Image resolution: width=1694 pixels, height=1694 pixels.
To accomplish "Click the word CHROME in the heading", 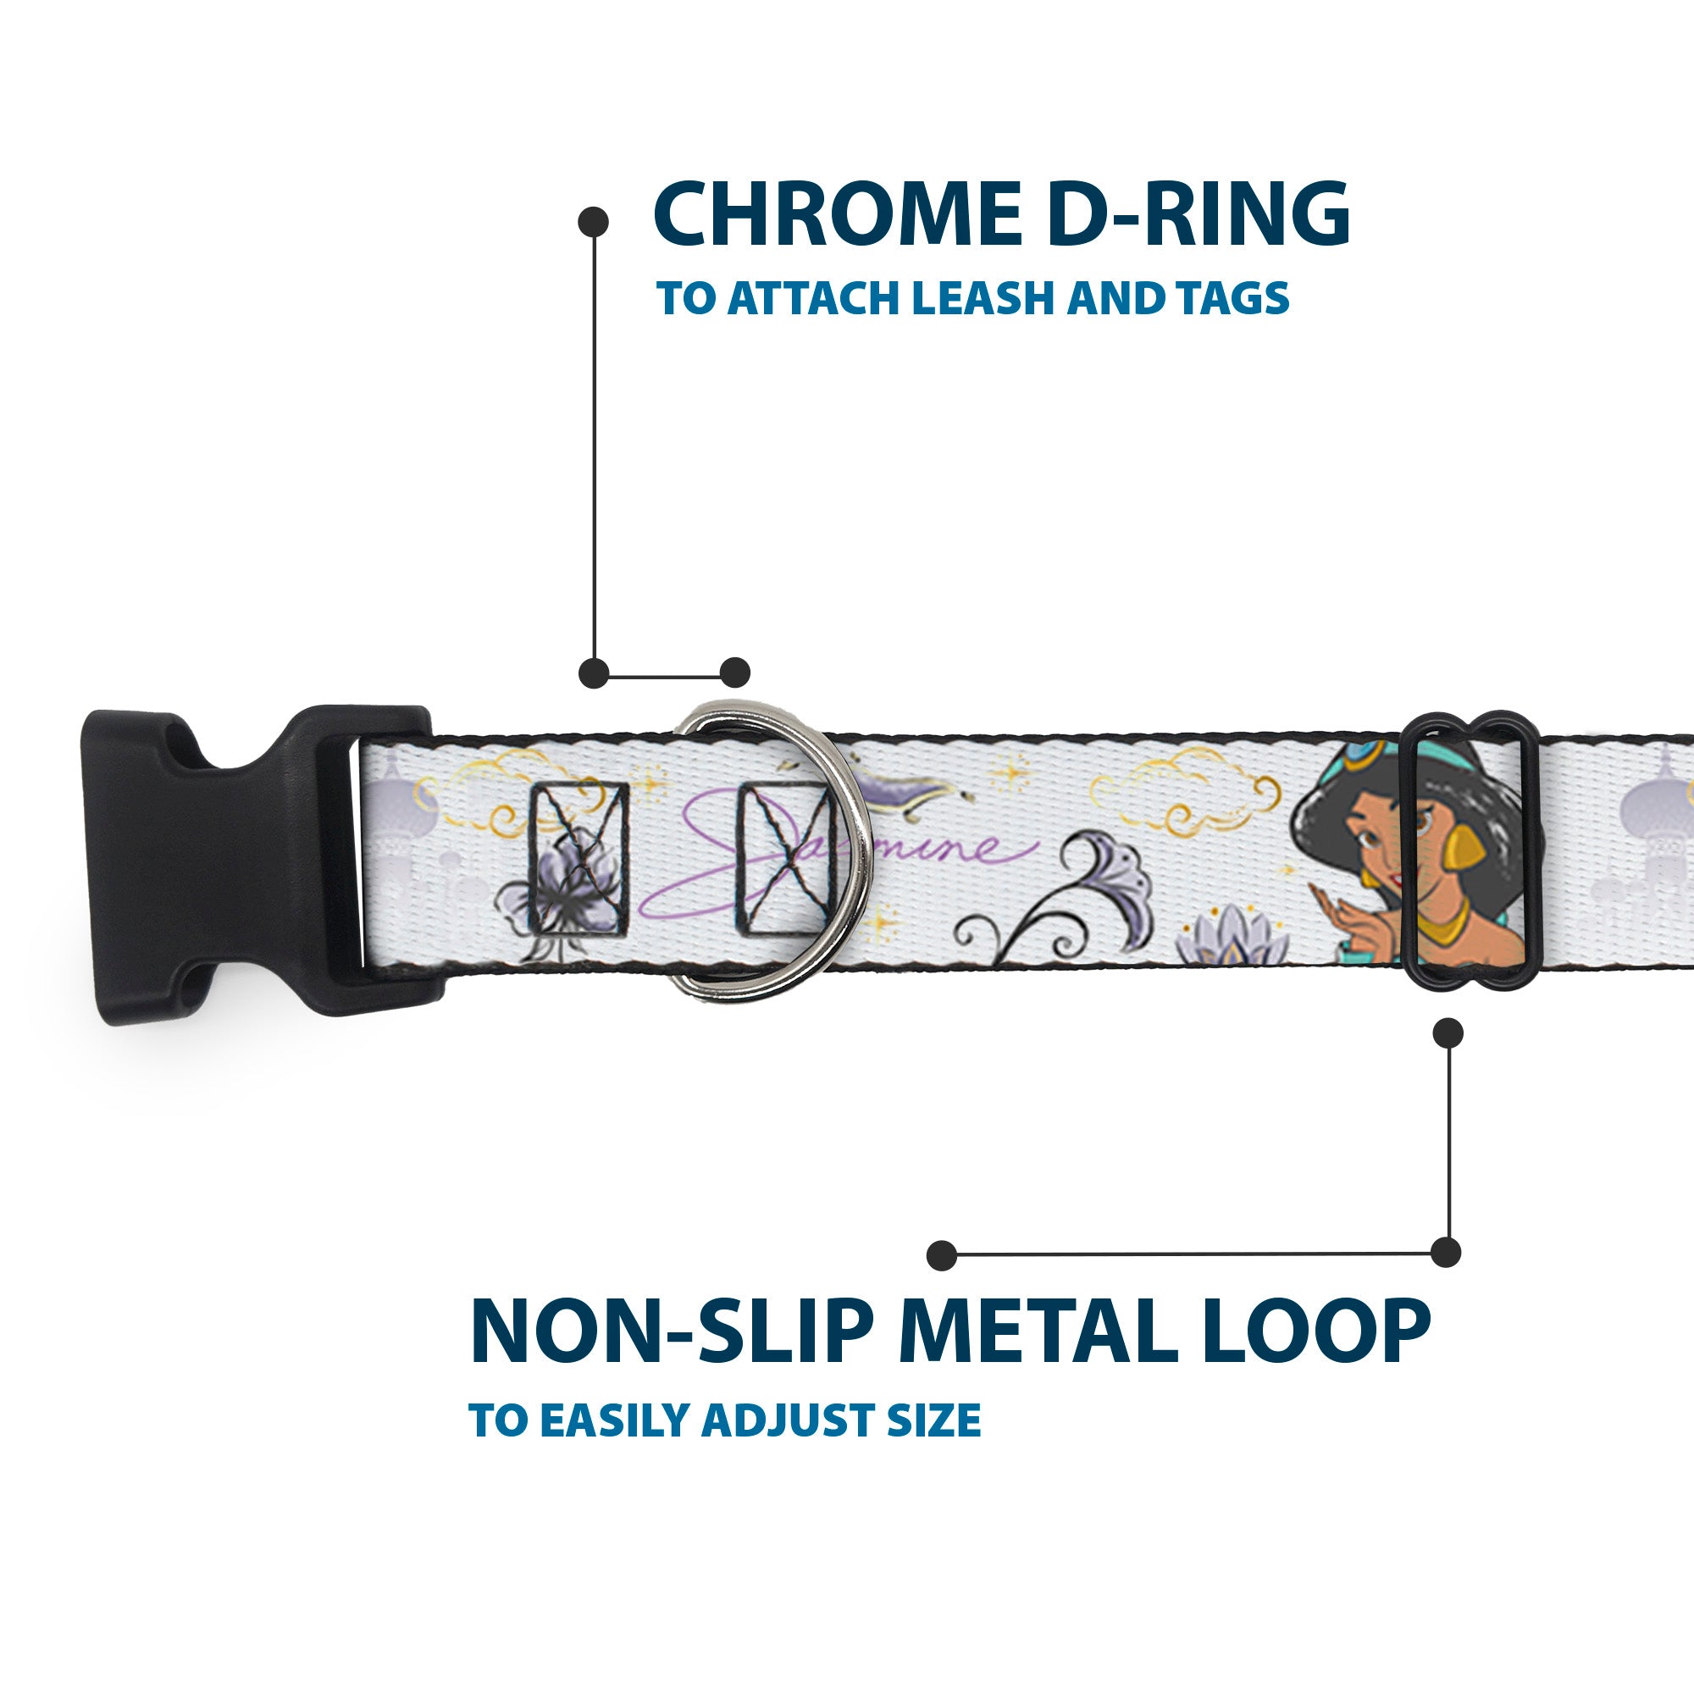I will coord(837,215).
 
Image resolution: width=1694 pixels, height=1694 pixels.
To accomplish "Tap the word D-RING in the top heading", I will coord(1198,215).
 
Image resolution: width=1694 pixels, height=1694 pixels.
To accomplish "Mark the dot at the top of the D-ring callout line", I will coord(594,222).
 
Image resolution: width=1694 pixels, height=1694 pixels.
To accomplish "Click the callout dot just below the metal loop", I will coord(1448,1032).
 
